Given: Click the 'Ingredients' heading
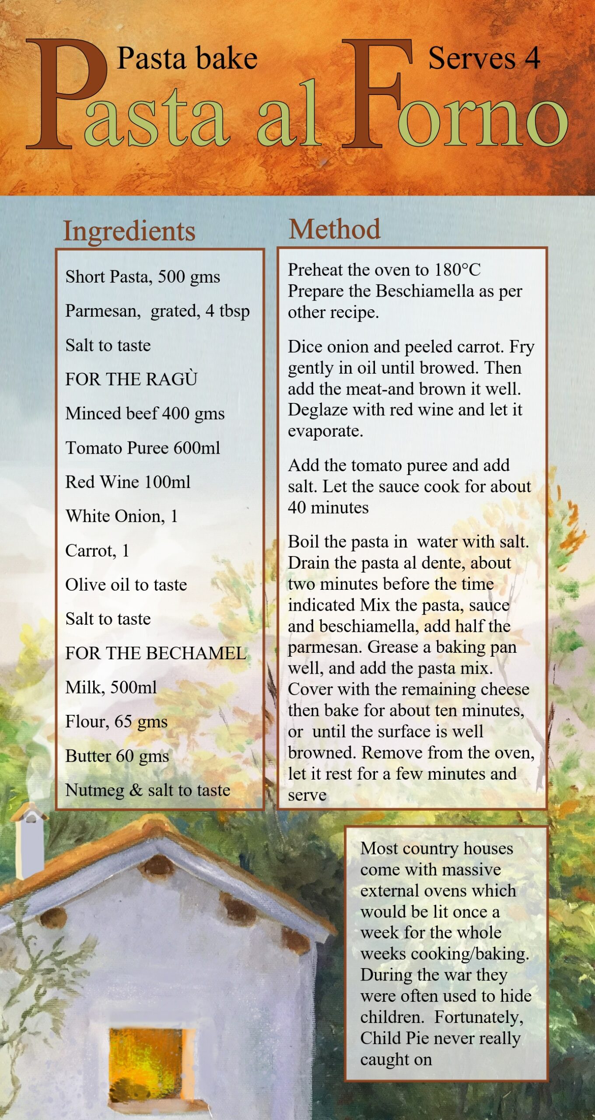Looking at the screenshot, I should tap(129, 231).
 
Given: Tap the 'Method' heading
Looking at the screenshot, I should tap(335, 229).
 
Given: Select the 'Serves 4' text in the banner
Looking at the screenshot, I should tap(484, 59).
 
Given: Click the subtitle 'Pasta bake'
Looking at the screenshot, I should tap(187, 59).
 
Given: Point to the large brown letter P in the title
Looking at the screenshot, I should tap(66, 94).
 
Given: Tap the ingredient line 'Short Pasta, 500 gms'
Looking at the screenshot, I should tap(143, 277).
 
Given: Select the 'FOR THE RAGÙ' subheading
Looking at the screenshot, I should tap(131, 379).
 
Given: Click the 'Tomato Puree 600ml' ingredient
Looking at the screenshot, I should tap(143, 448).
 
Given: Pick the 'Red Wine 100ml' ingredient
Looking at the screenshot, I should tap(128, 482).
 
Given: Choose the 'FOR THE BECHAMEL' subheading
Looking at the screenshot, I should tap(156, 653).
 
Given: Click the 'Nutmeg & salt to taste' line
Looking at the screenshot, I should tap(148, 790).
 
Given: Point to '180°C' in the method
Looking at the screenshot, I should tap(457, 270).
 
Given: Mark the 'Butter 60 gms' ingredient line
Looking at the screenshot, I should tap(117, 756).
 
